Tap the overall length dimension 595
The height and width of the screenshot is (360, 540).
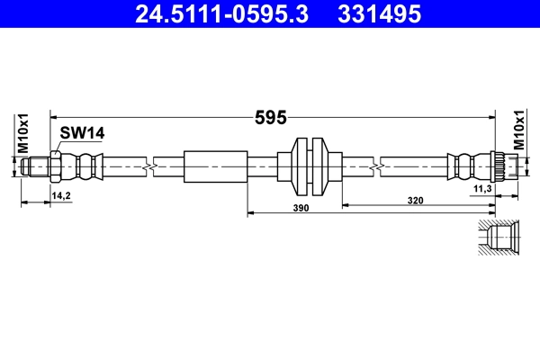[271, 115]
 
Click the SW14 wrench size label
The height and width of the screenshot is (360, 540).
[82, 133]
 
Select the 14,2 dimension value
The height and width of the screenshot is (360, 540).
[61, 194]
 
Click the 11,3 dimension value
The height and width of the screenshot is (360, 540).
[481, 188]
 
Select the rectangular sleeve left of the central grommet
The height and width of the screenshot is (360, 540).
[215, 166]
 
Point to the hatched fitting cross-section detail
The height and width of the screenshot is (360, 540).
[497, 239]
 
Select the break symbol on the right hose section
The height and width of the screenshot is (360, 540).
[374, 166]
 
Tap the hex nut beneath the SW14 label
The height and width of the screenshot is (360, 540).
[57, 166]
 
